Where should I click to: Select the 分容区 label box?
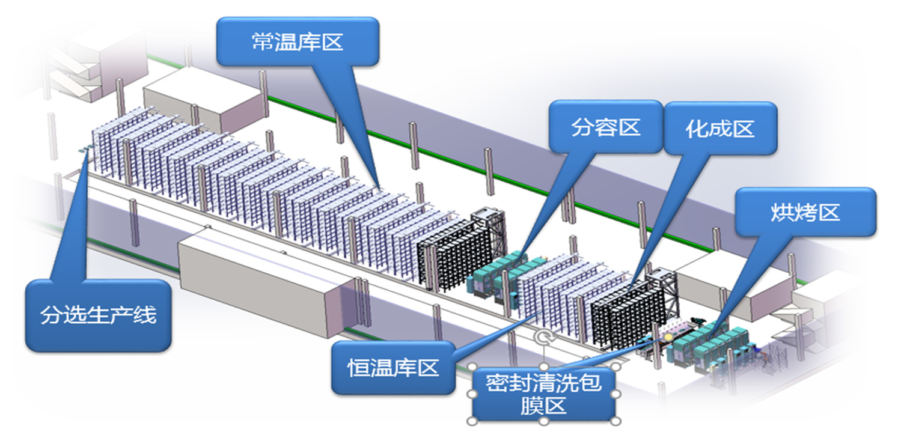[606, 127]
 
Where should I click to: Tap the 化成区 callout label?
[719, 129]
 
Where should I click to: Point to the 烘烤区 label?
[805, 211]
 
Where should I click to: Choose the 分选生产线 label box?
[98, 315]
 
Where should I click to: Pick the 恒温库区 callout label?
[393, 368]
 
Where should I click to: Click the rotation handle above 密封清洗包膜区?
[544, 338]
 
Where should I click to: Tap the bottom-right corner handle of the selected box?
[615, 420]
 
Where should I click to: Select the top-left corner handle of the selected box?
[472, 366]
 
